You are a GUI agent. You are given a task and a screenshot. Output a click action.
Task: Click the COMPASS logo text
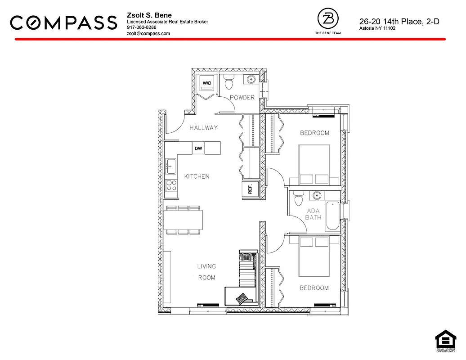63,22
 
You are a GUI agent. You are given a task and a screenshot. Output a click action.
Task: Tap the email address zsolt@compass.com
148,33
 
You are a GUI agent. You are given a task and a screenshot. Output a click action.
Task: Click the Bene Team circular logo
327,19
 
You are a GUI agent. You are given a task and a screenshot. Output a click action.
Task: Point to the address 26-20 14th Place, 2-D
399,21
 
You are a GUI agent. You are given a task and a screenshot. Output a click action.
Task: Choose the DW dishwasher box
198,148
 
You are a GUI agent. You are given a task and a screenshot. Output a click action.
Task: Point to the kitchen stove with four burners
171,185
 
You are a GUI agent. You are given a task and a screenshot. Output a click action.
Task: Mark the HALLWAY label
203,128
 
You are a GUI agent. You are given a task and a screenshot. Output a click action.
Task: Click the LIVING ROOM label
206,272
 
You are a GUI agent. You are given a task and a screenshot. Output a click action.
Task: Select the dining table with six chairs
183,220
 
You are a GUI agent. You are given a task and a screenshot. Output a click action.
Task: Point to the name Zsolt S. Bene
149,16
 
